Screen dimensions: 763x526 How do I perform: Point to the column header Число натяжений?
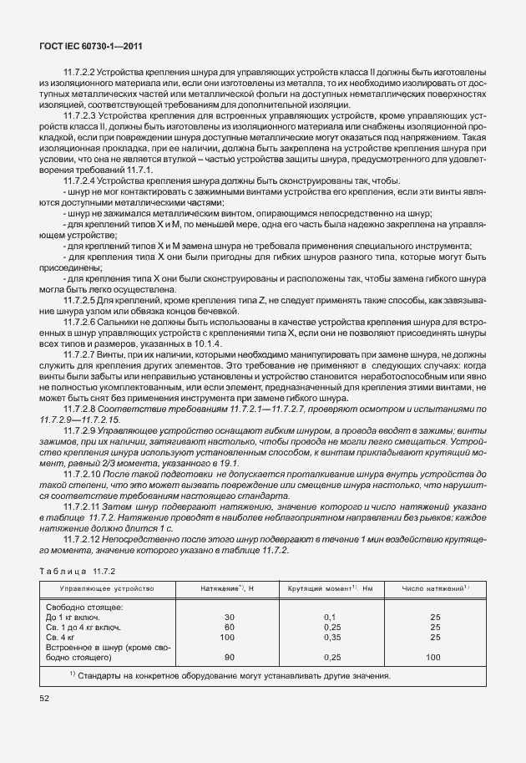[x=435, y=590]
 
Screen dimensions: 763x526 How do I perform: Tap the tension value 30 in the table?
[x=230, y=617]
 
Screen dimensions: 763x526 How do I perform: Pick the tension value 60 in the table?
[x=230, y=627]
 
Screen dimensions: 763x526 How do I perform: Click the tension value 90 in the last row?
[x=230, y=657]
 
